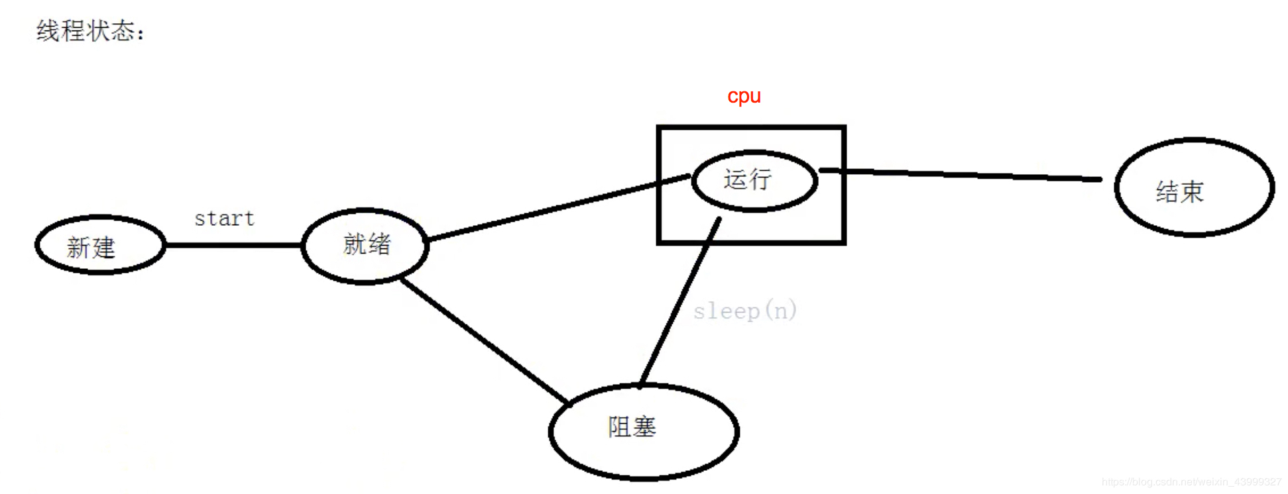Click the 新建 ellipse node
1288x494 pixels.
[x=100, y=245]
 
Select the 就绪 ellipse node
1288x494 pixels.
[x=365, y=246]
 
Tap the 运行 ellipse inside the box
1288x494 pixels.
[x=754, y=181]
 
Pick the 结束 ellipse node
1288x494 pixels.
[x=1194, y=187]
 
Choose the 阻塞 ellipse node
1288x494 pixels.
[x=644, y=431]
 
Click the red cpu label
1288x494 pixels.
[x=744, y=97]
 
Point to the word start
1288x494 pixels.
[x=224, y=219]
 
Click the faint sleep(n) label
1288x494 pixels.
[x=744, y=311]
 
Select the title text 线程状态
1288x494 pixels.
[x=89, y=30]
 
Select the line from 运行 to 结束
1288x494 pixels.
[x=961, y=174]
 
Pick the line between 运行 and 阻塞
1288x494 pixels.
[x=679, y=301]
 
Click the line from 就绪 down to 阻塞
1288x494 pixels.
[x=484, y=341]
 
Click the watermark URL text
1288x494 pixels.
[x=1191, y=482]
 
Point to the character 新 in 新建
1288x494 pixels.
[x=78, y=248]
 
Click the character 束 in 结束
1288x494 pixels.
[x=1192, y=192]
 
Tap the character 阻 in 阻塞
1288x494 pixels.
[x=618, y=427]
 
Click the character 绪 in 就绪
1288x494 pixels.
[x=380, y=244]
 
